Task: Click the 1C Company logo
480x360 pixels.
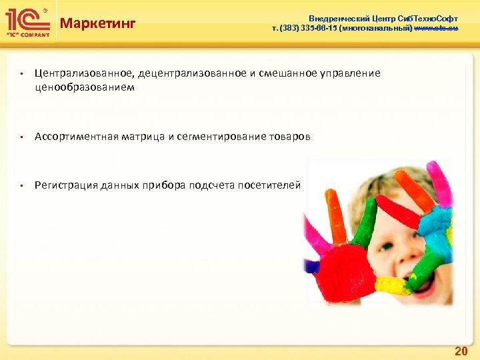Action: click(x=27, y=22)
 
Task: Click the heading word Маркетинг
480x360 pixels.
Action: click(x=97, y=24)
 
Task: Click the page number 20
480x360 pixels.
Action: click(x=460, y=350)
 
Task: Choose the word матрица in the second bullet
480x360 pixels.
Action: click(x=143, y=137)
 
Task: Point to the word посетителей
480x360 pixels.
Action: click(x=273, y=185)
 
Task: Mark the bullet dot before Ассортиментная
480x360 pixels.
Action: click(x=22, y=137)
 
